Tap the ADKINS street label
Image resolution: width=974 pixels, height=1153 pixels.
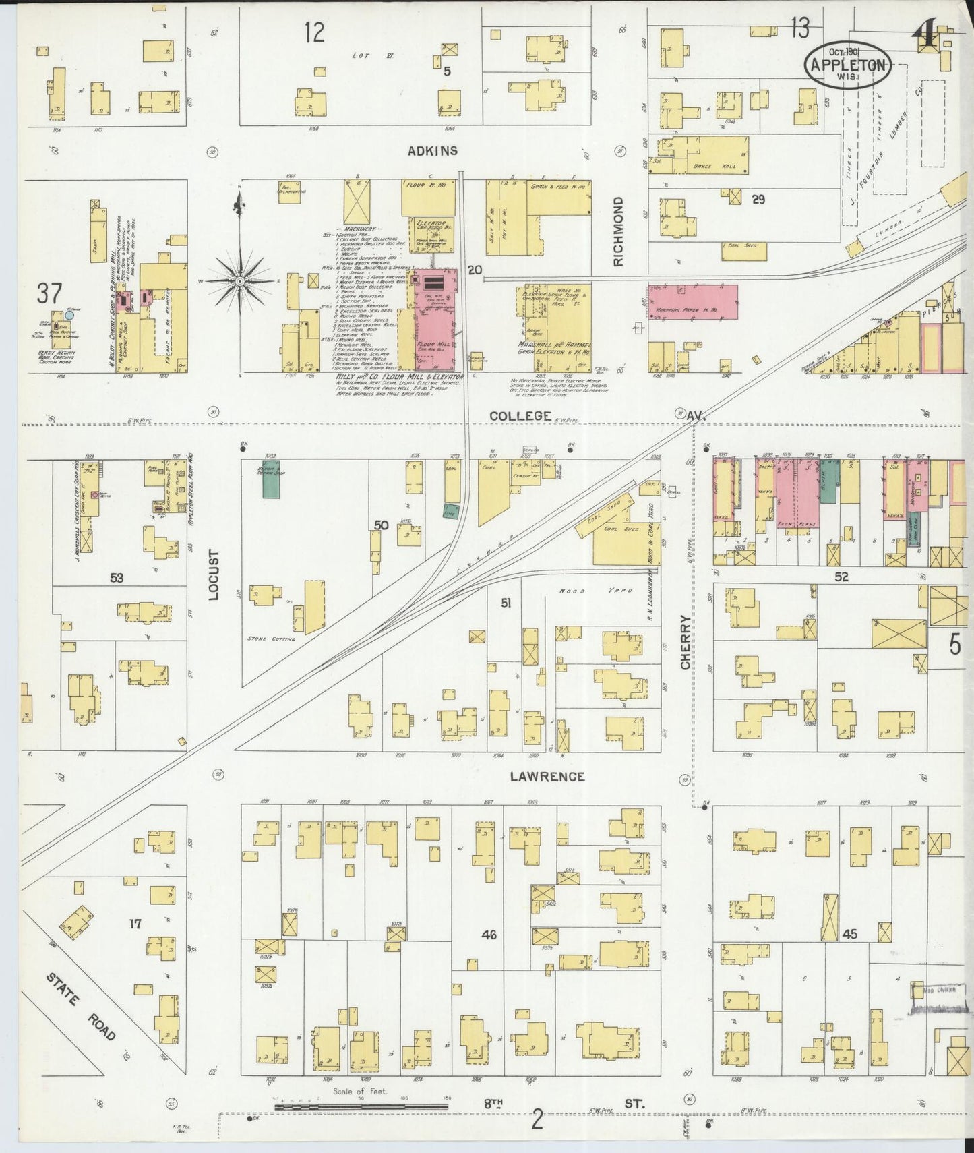433,151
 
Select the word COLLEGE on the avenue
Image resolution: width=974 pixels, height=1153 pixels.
520,416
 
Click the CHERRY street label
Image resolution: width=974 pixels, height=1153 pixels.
686,641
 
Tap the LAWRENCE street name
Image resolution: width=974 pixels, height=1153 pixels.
547,777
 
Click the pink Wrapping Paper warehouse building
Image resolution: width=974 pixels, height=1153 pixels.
693,301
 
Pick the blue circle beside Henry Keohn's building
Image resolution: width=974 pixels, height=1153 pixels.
69,315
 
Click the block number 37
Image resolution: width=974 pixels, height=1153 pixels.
50,294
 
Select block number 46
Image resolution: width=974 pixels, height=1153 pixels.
489,935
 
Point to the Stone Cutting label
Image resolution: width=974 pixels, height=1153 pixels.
271,638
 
